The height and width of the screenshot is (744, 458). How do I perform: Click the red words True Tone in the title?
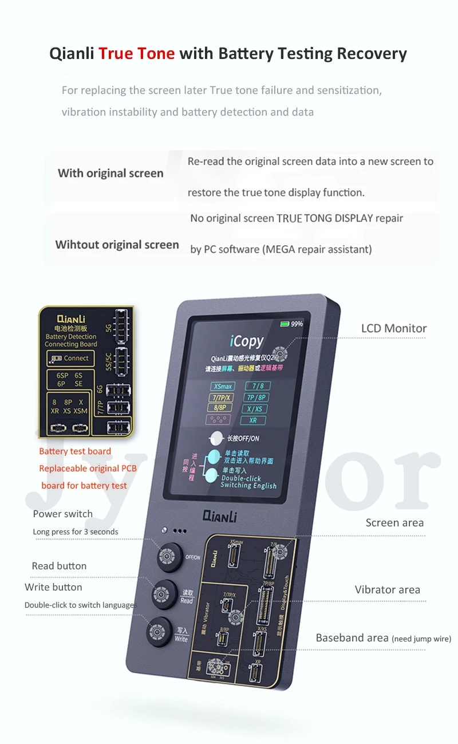tap(136, 54)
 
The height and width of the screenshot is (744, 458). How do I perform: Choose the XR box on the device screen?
tap(252, 420)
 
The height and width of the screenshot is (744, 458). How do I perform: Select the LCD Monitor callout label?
tap(394, 329)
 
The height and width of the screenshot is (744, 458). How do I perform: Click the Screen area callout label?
tap(394, 523)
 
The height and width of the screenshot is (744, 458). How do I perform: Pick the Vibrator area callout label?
tap(387, 590)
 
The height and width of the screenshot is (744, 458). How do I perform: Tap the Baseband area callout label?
tap(352, 638)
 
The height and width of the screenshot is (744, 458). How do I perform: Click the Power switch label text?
tap(62, 514)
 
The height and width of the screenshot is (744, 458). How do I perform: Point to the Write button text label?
tap(53, 587)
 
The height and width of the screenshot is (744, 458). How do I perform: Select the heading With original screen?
tap(110, 173)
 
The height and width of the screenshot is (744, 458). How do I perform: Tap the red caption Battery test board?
tap(75, 451)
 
